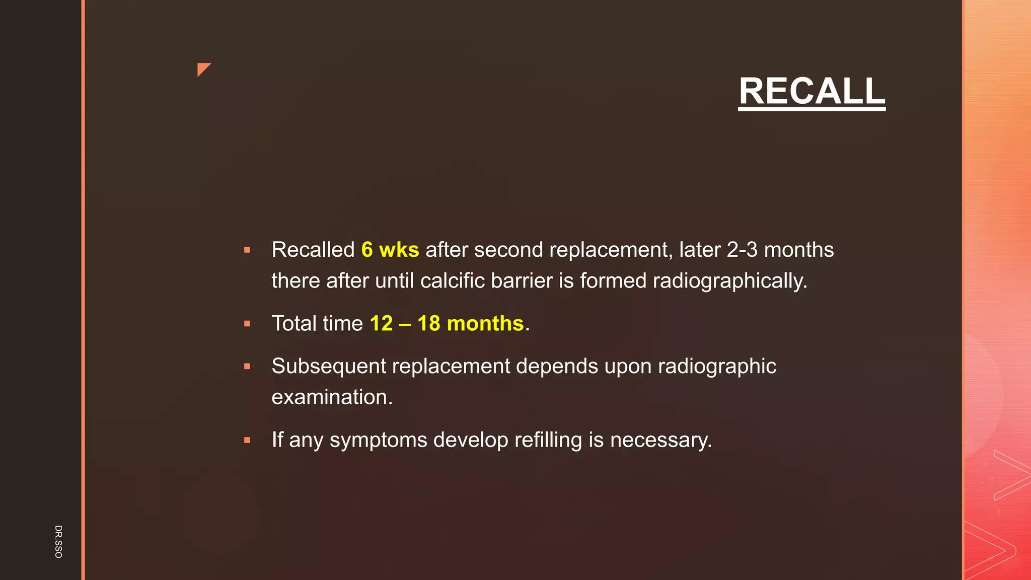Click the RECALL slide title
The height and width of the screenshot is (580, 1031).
pos(812,91)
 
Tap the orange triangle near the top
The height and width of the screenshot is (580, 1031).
pos(202,68)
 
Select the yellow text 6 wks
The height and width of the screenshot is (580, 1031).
pos(390,250)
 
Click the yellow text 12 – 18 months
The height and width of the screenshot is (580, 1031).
pos(447,323)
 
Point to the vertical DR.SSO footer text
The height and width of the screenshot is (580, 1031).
pos(58,541)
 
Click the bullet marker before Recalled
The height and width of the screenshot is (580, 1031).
pos(247,250)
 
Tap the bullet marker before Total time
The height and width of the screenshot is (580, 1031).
pos(247,324)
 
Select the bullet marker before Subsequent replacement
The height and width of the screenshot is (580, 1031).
pos(247,367)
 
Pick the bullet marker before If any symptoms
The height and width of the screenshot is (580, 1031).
pos(247,440)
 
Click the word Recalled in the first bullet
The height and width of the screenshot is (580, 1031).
pos(313,250)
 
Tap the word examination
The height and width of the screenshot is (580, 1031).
pos(332,397)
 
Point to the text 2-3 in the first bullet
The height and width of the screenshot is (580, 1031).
pos(742,250)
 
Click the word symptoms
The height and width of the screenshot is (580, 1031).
pos(378,440)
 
